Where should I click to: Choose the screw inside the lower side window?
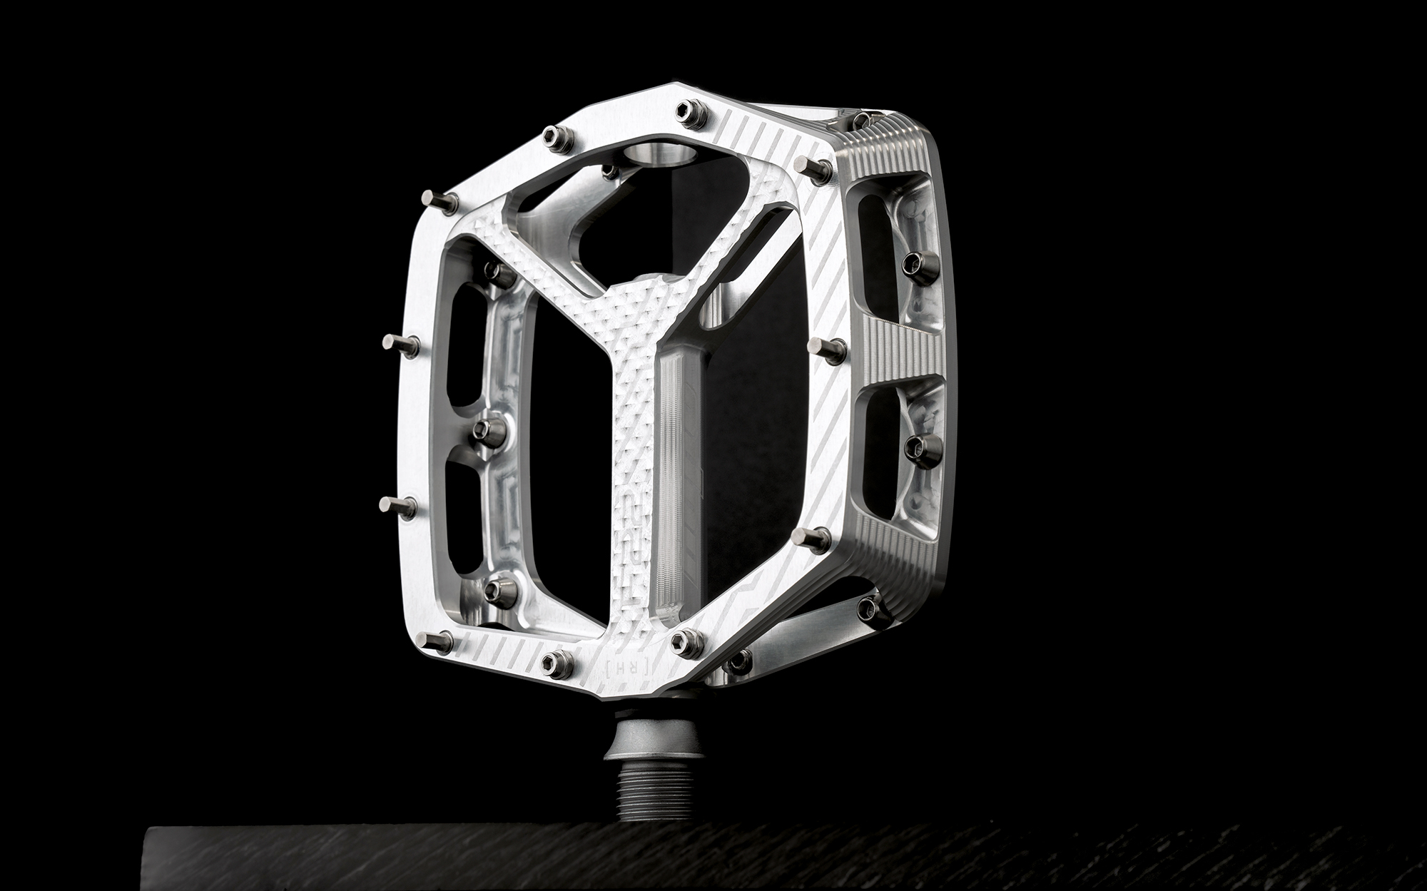(x=915, y=446)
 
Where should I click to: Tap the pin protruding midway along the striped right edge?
(x=828, y=348)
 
